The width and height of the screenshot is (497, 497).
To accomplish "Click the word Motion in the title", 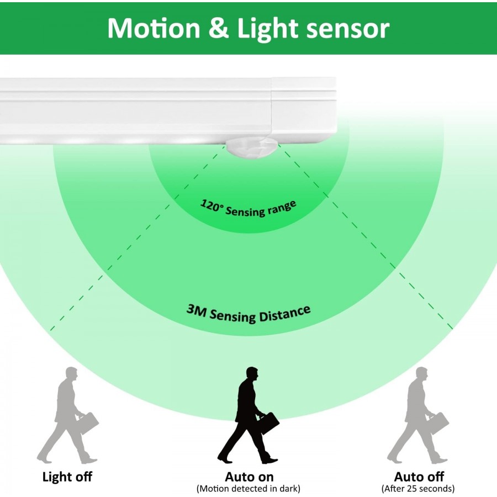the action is pos(154,28).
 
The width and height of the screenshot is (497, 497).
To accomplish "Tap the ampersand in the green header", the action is pos(219,28).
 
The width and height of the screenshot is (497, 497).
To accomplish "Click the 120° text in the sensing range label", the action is pos(212,205).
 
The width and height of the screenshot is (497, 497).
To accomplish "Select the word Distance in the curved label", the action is pos(284,314).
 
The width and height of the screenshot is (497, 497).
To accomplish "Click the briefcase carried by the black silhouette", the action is pos(269,423).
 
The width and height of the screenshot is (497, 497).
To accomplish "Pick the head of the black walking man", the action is pos(252,374).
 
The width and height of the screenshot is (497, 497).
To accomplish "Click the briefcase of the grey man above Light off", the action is pos(88,423).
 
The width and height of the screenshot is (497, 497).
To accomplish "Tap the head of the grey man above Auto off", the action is pos(421,374).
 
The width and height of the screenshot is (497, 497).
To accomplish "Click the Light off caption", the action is pos(67,477).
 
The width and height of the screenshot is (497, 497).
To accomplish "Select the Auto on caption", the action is pos(249,477).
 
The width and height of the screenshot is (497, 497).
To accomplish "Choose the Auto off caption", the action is pos(419,477).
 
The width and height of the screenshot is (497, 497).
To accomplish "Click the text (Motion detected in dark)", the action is pos(248,489).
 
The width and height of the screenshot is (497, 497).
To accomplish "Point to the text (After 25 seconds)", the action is pos(418,489).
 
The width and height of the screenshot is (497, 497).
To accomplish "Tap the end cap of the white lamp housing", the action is pos(304,109).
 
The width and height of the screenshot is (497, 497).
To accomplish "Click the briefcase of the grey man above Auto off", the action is pos(439,423).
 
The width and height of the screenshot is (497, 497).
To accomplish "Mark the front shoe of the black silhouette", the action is pos(269,460).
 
